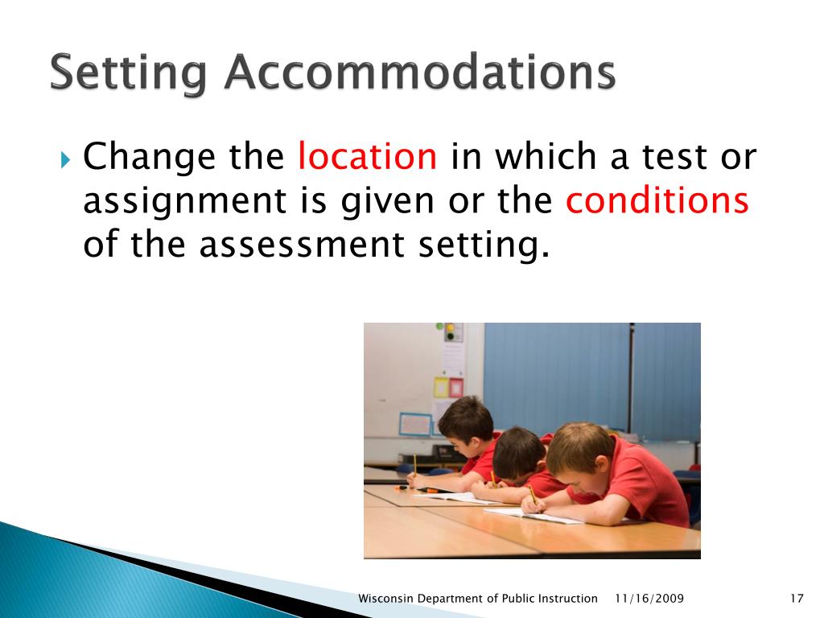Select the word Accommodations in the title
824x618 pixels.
420,73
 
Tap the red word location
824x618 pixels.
367,156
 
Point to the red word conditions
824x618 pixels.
657,200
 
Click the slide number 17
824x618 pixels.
797,598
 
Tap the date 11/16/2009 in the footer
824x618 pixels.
649,598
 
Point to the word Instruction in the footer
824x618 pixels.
567,598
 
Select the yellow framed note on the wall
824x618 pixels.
441,387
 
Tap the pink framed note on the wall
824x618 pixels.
456,387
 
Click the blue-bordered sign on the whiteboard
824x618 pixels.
415,423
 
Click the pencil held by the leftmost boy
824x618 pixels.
414,467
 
